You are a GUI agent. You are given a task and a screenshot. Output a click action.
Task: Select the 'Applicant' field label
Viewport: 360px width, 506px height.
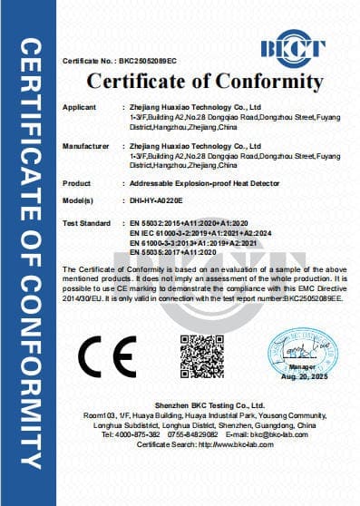(x=78, y=107)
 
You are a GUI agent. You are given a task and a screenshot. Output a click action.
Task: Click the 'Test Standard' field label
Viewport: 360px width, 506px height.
(x=85, y=221)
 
